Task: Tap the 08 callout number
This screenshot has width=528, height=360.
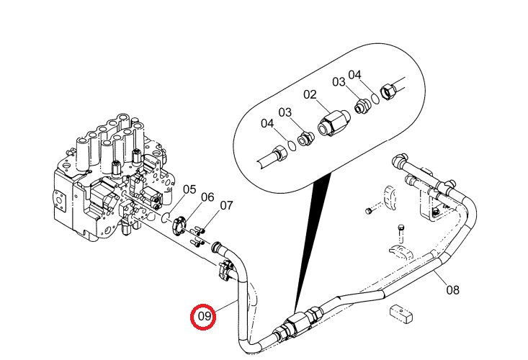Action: [452, 289]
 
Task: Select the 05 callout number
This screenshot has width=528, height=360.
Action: [189, 189]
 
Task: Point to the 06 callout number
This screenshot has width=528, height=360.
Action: [207, 197]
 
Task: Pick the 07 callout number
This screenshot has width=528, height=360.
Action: [226, 205]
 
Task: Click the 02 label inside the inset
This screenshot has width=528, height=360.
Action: [310, 94]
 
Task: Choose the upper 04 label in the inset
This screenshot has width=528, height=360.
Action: [354, 75]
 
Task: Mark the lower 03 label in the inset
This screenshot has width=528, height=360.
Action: [285, 112]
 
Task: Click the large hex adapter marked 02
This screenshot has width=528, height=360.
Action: [334, 123]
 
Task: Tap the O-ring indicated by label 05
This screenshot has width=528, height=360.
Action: [166, 217]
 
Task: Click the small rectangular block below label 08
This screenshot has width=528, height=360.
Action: [401, 314]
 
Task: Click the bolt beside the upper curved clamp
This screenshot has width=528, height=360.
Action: [368, 211]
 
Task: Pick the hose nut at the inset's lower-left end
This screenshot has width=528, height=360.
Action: [279, 153]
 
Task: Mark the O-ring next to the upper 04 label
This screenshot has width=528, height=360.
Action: [376, 98]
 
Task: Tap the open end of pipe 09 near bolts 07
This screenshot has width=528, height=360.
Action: [216, 247]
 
